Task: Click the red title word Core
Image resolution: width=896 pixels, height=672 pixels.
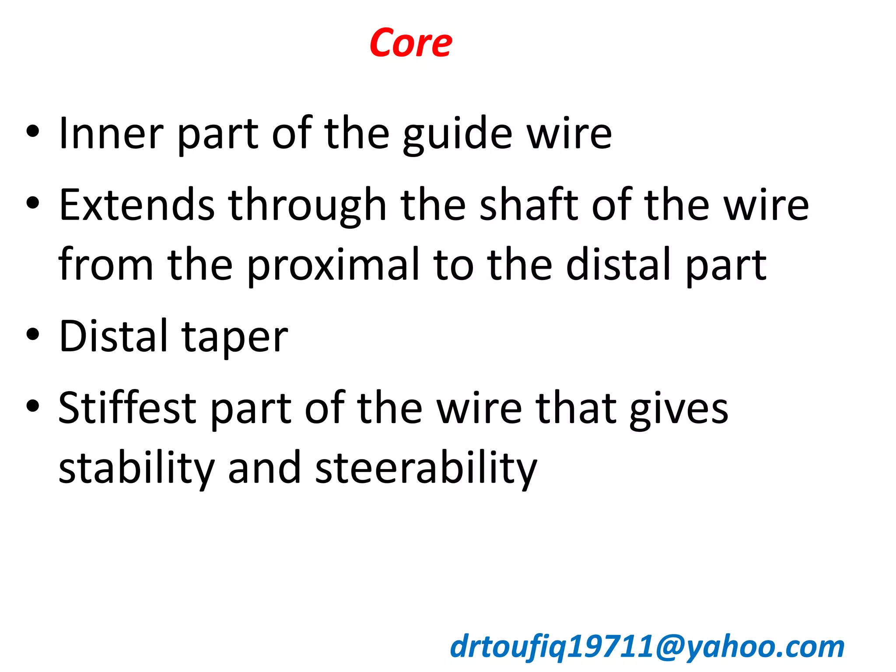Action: point(410,43)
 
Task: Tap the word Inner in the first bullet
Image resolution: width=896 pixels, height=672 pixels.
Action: point(111,133)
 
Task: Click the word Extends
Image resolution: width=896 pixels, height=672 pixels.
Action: point(137,205)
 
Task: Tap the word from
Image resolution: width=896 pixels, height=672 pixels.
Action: point(105,264)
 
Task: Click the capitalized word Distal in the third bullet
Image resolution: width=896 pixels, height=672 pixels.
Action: point(114,336)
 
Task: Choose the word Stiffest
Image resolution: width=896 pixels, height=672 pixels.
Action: point(127,408)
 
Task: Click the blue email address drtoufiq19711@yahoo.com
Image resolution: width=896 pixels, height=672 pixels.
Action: point(647,647)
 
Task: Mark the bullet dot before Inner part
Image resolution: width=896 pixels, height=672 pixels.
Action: point(33,131)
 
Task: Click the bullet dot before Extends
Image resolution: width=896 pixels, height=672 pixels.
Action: point(33,203)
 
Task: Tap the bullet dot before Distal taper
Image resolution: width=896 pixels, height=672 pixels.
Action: point(33,335)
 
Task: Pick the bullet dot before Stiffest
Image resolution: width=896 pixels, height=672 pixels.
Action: point(33,406)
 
